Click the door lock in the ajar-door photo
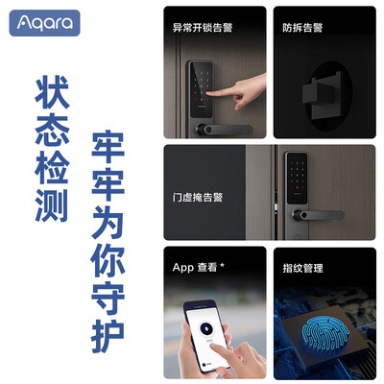[x=298, y=182]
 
